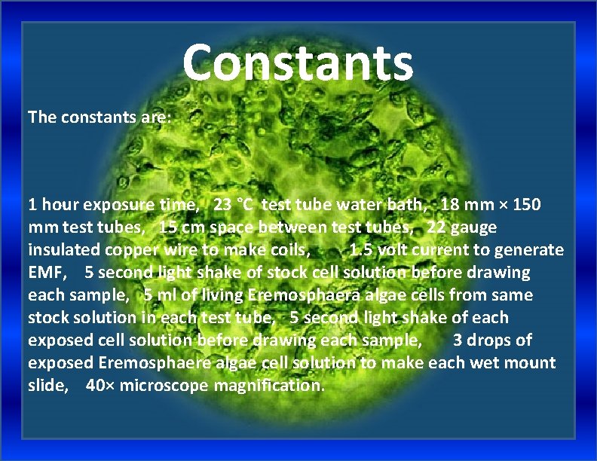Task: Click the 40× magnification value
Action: (x=102, y=385)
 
